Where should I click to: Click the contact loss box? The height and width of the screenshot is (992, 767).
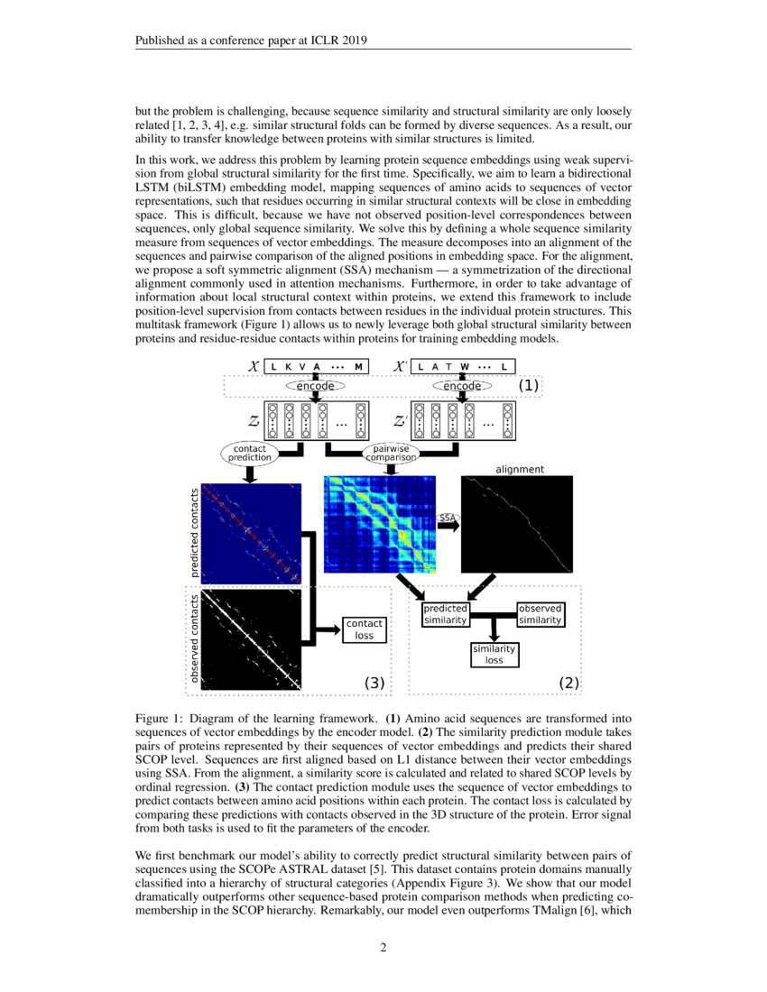tap(365, 629)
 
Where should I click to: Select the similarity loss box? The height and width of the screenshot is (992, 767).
tap(494, 654)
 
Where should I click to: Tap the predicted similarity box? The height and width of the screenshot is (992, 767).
tap(445, 614)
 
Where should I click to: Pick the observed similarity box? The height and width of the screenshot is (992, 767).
tap(541, 614)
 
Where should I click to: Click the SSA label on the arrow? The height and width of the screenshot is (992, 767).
tap(448, 518)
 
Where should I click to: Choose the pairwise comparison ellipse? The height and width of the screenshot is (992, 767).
tap(391, 452)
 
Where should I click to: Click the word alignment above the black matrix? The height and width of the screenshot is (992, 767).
tap(520, 469)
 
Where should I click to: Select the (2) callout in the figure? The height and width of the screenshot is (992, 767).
tap(568, 683)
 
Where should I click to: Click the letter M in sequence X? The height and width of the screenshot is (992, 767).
tap(359, 366)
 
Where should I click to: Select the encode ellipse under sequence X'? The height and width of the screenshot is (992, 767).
tap(462, 386)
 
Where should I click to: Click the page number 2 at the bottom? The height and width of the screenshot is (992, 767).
tap(383, 947)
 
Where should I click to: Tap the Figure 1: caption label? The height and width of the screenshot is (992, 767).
tap(159, 719)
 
